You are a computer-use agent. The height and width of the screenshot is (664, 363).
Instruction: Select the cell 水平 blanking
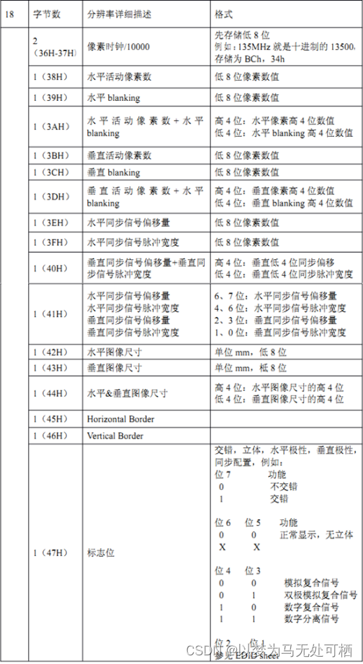click(x=113, y=97)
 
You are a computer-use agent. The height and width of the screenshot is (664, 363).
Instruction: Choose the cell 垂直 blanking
click(x=113, y=172)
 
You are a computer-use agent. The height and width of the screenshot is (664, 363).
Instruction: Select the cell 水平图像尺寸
click(x=113, y=352)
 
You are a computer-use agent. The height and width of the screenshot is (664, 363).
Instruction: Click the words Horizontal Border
click(x=120, y=419)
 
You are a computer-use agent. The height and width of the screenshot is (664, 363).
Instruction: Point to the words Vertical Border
click(x=115, y=436)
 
